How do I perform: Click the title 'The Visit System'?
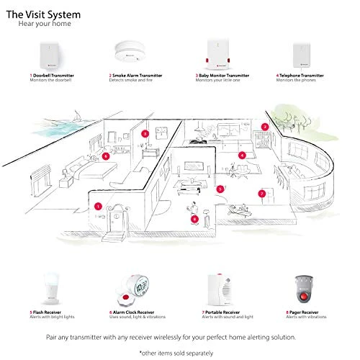tap(43, 13)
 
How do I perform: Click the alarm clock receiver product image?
tap(135, 287)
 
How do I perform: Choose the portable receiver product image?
tap(220, 286)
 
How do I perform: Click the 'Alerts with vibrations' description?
tap(305, 317)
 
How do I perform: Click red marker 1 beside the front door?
tap(98, 206)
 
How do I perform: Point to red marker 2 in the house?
tap(265, 127)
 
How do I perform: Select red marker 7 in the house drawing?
tap(261, 194)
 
